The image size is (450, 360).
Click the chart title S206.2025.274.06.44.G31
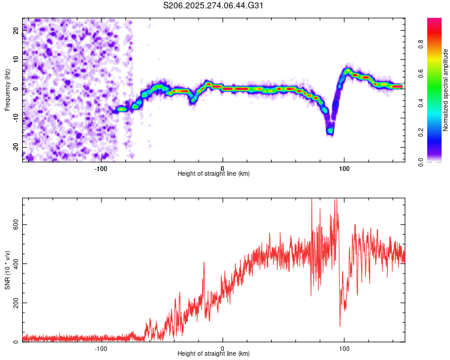pyautogui.click(x=214, y=5)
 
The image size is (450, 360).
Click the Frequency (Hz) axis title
pyautogui.click(x=7, y=90)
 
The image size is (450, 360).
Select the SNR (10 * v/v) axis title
pyautogui.click(x=7, y=270)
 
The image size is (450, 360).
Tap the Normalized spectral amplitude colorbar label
pyautogui.click(x=445, y=90)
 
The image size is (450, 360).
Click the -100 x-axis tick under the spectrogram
pyautogui.click(x=101, y=169)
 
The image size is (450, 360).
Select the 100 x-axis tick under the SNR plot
pyautogui.click(x=344, y=349)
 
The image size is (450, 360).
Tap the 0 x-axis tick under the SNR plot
pyautogui.click(x=223, y=349)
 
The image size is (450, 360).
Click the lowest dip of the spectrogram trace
pyautogui.click(x=330, y=130)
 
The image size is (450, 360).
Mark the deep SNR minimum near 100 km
pyautogui.click(x=340, y=326)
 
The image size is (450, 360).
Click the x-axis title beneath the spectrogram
pyautogui.click(x=214, y=174)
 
